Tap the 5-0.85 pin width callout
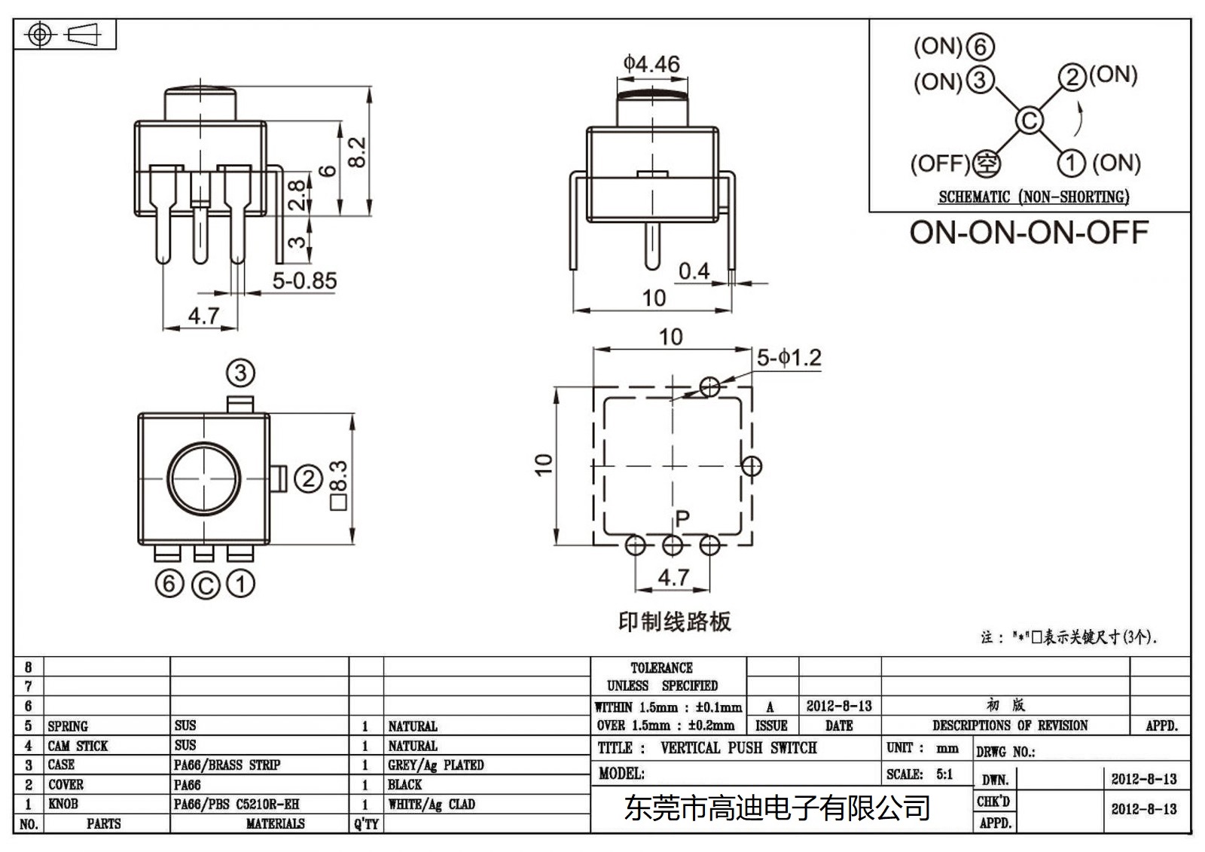click(304, 281)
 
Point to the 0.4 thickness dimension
click(693, 270)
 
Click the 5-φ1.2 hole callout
click(789, 358)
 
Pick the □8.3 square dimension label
click(338, 485)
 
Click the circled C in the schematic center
click(1030, 120)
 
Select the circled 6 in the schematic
click(980, 47)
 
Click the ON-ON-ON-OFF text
click(1029, 232)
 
